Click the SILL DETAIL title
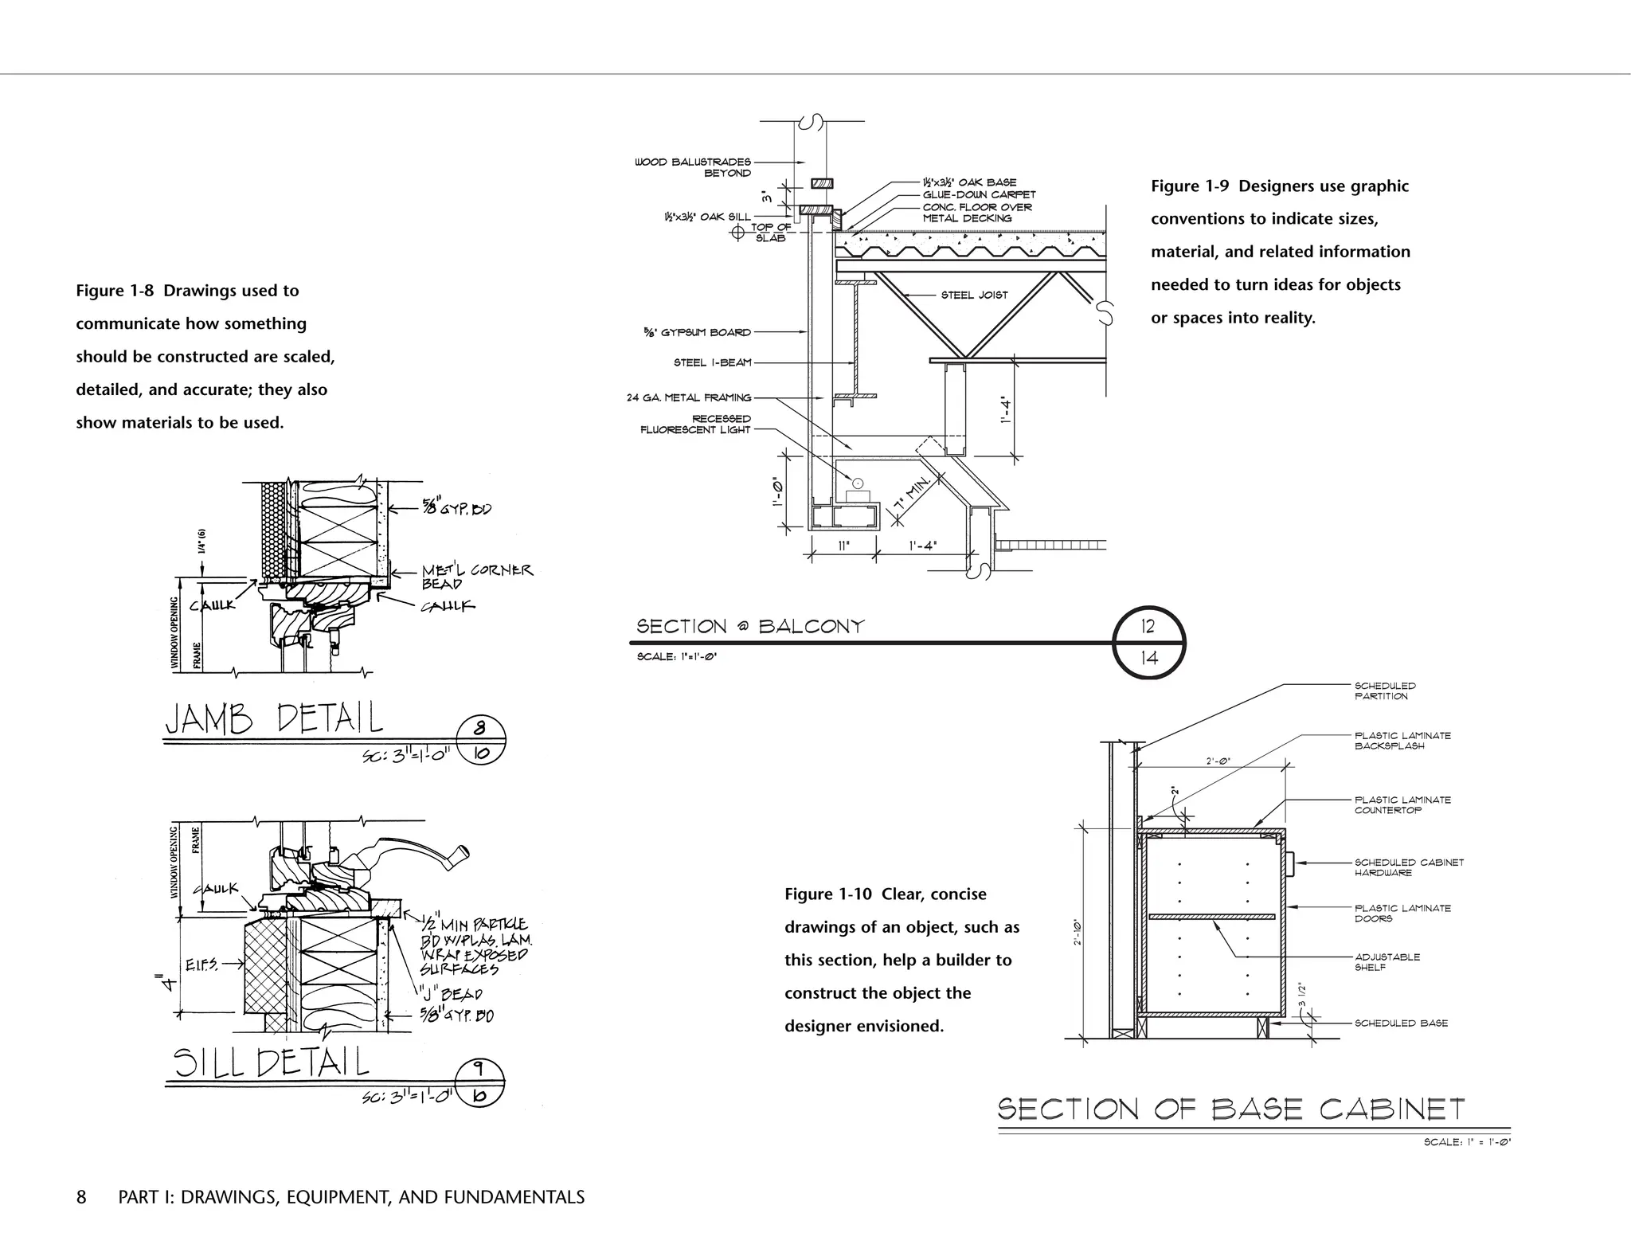point(272,1062)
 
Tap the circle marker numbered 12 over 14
point(1148,643)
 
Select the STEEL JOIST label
point(974,295)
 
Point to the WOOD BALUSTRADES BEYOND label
point(692,167)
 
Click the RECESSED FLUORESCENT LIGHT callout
point(695,425)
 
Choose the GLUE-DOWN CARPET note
point(979,194)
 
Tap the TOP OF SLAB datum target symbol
point(737,232)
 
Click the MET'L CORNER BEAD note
point(476,577)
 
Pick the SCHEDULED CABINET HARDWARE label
point(1408,867)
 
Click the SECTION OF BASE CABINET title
point(1230,1109)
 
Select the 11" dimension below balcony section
point(843,546)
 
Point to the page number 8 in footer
point(81,1197)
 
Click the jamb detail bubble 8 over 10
point(480,741)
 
